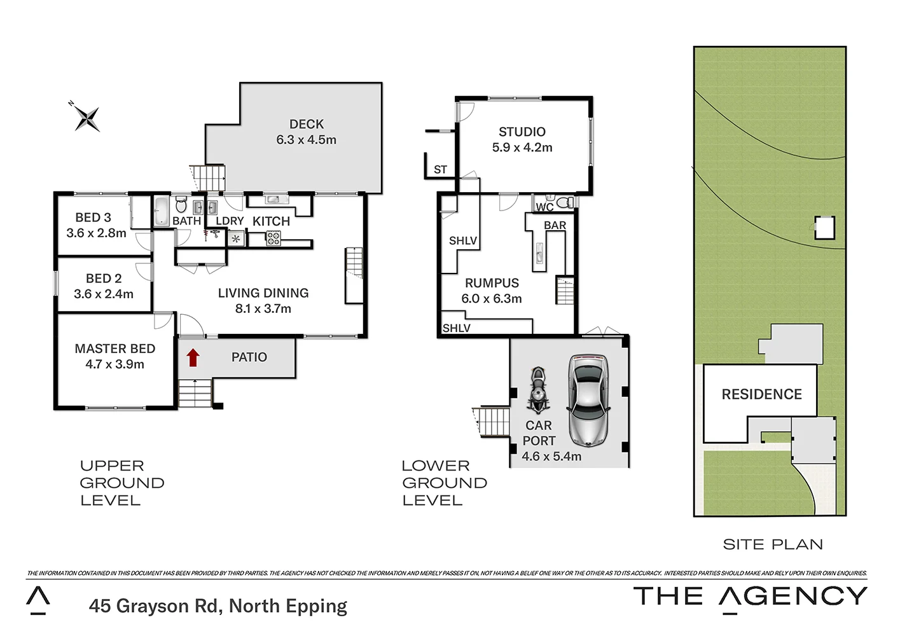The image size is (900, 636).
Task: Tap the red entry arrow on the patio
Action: [x=193, y=358]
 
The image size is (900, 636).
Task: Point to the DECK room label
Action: [x=306, y=124]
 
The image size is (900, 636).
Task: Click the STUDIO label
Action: [x=522, y=132]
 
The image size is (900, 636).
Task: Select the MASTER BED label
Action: [x=114, y=349]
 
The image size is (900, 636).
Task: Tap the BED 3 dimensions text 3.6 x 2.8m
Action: [x=96, y=233]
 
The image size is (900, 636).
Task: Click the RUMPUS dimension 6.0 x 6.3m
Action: [x=491, y=299]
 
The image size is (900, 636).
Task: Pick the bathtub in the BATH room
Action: [x=161, y=209]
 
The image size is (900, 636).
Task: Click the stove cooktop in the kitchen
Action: [x=273, y=238]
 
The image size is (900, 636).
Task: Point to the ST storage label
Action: [x=440, y=170]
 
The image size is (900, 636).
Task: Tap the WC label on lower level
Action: [x=544, y=207]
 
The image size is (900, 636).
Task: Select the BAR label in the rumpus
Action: [x=555, y=225]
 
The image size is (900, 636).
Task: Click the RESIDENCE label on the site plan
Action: [x=761, y=394]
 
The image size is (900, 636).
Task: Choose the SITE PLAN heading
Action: [x=773, y=544]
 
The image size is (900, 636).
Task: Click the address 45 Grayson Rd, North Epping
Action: [x=218, y=606]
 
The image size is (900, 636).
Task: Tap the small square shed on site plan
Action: [x=824, y=228]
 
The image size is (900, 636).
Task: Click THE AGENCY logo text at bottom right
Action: [x=750, y=597]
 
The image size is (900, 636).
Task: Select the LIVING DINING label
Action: [x=263, y=293]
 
